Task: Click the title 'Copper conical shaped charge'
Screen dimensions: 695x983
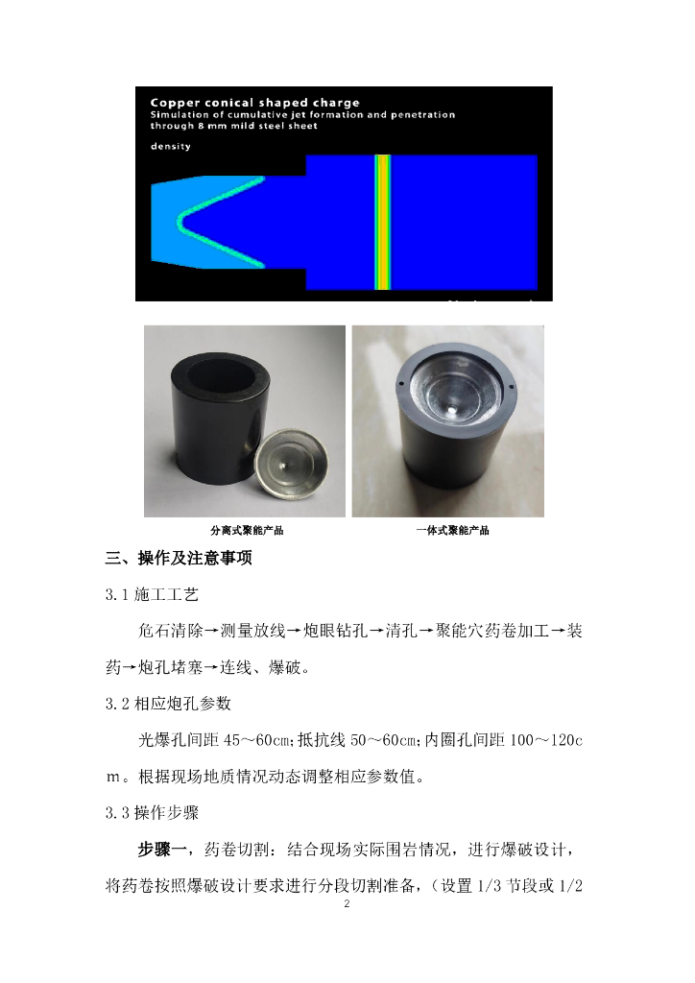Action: click(x=254, y=102)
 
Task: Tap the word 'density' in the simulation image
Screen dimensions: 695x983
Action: click(x=171, y=146)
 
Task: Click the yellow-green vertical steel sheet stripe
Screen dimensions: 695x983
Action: click(x=382, y=223)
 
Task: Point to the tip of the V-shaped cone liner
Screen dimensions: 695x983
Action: click(x=180, y=222)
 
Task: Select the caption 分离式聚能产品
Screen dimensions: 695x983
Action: click(x=247, y=530)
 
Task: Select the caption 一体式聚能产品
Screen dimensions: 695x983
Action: click(x=452, y=530)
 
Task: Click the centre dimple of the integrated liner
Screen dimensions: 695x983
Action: click(x=452, y=409)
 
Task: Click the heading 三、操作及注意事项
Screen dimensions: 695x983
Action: click(x=179, y=558)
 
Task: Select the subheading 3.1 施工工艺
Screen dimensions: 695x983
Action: click(x=152, y=594)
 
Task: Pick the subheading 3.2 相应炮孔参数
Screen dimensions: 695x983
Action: click(x=168, y=704)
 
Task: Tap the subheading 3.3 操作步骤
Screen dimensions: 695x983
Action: click(x=152, y=812)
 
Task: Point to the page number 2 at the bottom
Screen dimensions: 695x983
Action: click(x=347, y=903)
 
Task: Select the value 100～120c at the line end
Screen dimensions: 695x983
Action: click(x=546, y=740)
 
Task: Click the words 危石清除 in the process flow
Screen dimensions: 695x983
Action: click(x=171, y=631)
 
